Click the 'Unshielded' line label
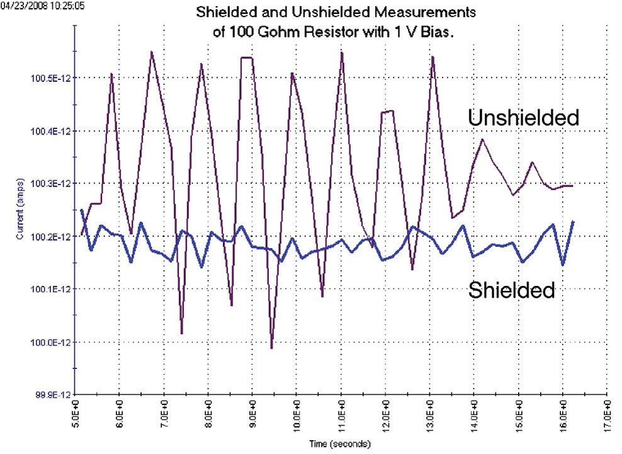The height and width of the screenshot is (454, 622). tap(523, 117)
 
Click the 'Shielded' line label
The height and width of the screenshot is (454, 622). tap(511, 290)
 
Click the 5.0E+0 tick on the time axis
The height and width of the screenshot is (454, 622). tap(75, 416)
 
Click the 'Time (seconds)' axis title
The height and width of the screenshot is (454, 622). tap(341, 445)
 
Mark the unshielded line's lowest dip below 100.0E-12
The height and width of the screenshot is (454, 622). tap(271, 348)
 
